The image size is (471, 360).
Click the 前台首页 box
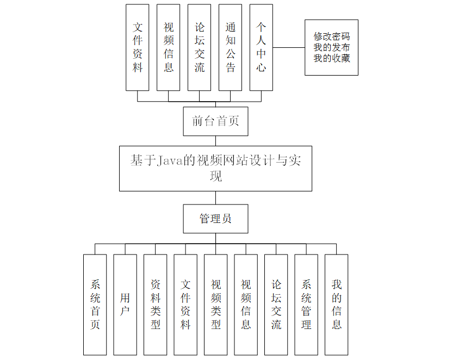tap(215, 121)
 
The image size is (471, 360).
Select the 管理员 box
tap(215, 219)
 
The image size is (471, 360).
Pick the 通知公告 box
tap(231, 47)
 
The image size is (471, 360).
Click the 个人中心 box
tap(261, 47)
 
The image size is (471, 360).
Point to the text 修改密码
tap(331, 36)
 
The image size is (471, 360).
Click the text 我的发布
tap(331, 47)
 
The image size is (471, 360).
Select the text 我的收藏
tap(331, 58)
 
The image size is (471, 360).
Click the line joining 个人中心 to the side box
tap(288, 47)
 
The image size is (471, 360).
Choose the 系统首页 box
tap(95, 305)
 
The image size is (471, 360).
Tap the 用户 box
tap(125, 305)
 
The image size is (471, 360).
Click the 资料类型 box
tap(156, 305)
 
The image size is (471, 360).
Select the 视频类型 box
tap(216, 305)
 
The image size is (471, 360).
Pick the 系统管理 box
tap(306, 305)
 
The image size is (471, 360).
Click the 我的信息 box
tap(337, 305)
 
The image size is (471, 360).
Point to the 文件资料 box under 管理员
tap(185, 305)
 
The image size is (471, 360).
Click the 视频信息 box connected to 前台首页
tap(169, 47)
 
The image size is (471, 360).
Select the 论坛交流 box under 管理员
tap(276, 305)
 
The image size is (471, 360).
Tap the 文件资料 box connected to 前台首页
tap(138, 47)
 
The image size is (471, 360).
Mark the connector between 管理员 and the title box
tap(215, 197)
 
